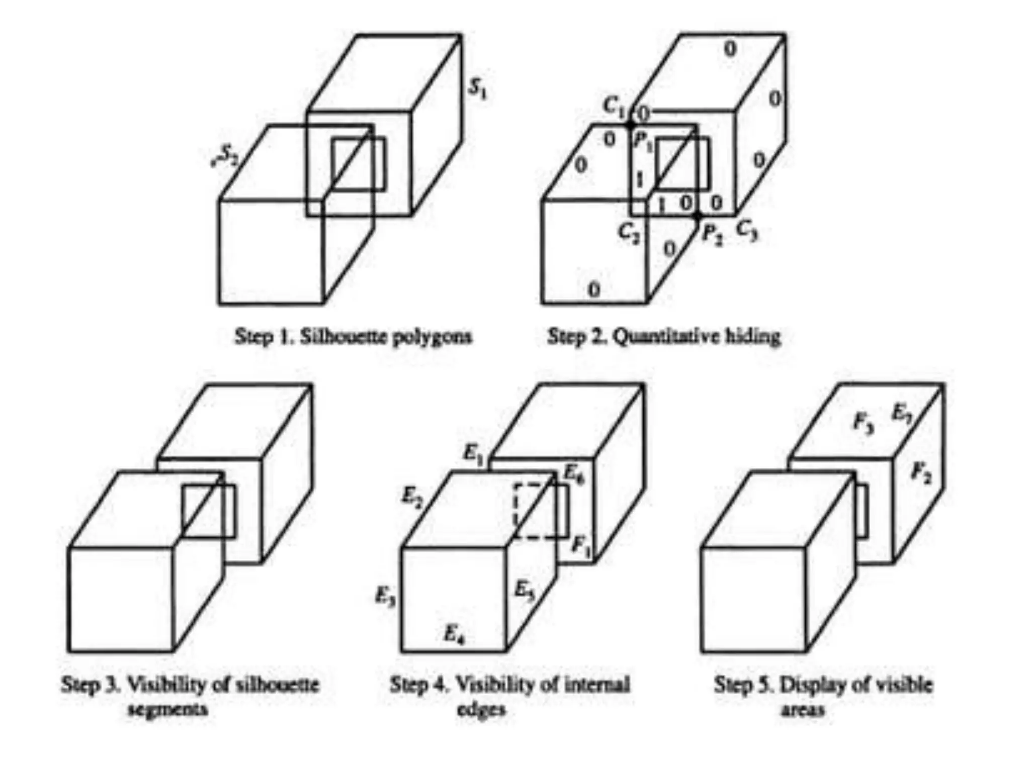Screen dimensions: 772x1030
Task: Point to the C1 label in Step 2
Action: click(x=614, y=106)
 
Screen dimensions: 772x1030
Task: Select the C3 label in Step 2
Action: click(x=747, y=231)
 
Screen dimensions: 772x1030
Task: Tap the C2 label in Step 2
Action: click(x=629, y=233)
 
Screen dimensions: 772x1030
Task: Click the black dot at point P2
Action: click(x=697, y=217)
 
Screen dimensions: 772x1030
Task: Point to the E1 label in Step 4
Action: click(x=473, y=454)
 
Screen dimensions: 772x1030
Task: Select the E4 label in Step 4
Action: click(x=454, y=634)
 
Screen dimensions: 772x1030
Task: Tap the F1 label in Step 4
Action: click(x=582, y=545)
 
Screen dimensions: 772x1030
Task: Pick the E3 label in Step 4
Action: click(x=385, y=597)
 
